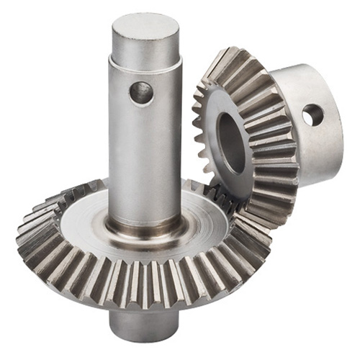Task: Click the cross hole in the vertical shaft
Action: coord(141,91)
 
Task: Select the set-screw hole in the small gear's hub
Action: coord(312,114)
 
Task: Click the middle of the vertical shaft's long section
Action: coord(144,151)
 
